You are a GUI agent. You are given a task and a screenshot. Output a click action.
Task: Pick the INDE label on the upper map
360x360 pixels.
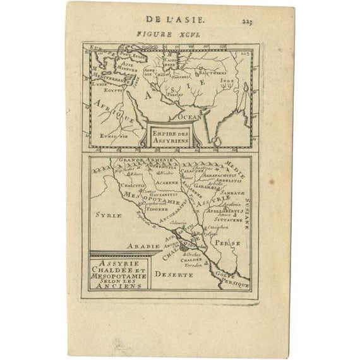(x=227, y=81)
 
